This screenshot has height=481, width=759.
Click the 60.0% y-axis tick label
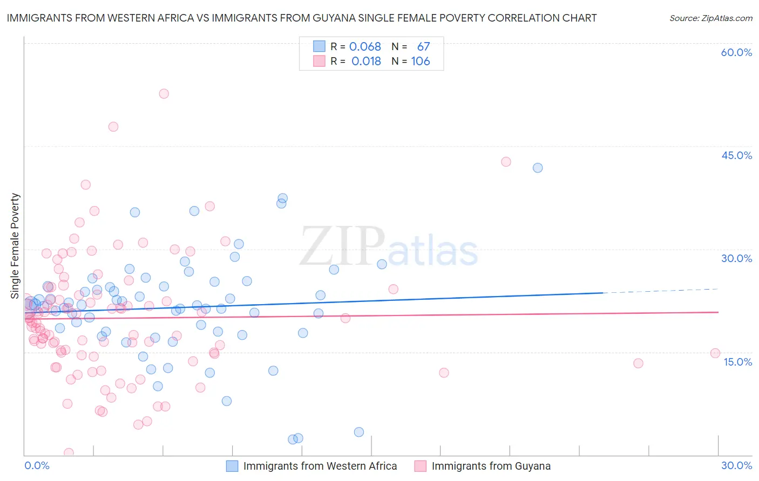pos(736,52)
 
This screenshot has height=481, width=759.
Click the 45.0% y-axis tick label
pos(736,155)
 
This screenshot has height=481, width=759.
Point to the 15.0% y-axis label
pos(737,362)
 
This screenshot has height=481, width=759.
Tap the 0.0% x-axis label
pos(37,465)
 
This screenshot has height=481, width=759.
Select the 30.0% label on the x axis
pos(736,465)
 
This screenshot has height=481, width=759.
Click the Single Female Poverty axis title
pos(15,246)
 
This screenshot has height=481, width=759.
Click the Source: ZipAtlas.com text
pos(710,18)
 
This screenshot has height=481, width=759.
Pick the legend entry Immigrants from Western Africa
pos(320,466)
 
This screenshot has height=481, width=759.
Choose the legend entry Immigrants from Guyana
pos(491,466)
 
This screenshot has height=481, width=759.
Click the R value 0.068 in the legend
pos(365,47)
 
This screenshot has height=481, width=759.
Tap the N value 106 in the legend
pos(421,61)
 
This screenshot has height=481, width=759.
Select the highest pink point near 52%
pos(164,94)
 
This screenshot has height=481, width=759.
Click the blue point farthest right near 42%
pos(538,168)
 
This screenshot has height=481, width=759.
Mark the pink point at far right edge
pos(715,353)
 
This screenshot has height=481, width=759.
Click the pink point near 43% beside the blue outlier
pos(506,162)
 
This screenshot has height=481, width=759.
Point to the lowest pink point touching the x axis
pos(69,453)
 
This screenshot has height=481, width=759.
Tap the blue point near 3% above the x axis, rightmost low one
pos(359,432)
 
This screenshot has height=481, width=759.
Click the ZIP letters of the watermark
pos(342,246)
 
